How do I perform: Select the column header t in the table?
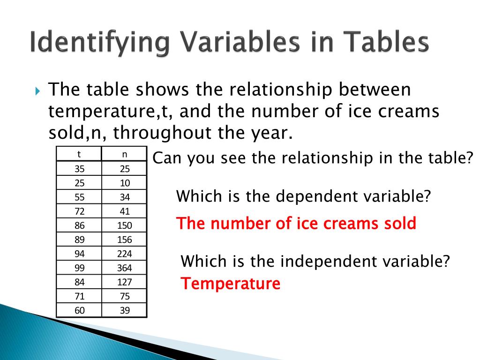point(79,154)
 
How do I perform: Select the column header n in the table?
point(124,154)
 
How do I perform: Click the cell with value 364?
point(124,268)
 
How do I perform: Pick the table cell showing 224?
point(124,254)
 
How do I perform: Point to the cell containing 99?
point(79,268)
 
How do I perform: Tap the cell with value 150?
point(124,225)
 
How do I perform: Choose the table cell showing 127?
point(124,282)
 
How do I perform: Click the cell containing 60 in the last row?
point(79,310)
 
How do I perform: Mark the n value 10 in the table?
point(124,183)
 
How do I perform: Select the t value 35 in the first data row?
point(79,169)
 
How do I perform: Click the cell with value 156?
point(124,240)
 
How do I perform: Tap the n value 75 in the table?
point(124,296)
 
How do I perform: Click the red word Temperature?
point(231,284)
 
